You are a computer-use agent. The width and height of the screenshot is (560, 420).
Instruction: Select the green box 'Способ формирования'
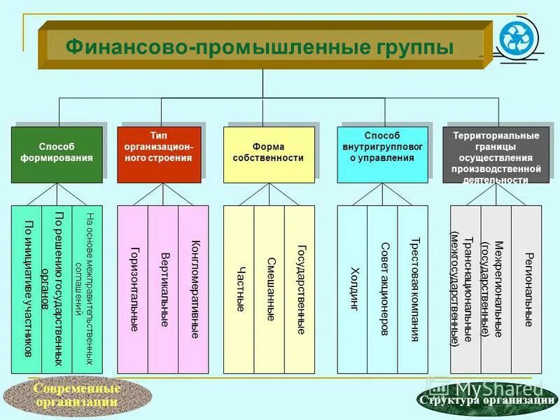57,153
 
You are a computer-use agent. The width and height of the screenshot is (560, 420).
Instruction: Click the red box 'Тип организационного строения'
159,153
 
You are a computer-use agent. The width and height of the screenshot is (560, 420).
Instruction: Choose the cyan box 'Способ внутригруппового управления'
382,153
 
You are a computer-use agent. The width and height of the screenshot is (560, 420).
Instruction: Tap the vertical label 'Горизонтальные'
133,289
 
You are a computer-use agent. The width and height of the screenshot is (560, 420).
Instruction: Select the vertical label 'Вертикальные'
164,289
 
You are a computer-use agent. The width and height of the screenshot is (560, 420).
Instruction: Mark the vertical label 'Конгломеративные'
195,289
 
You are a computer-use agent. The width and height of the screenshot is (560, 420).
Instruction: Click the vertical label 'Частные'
239,289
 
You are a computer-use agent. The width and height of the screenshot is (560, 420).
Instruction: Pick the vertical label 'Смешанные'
269,289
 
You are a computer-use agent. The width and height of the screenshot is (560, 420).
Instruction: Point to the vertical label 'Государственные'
300,289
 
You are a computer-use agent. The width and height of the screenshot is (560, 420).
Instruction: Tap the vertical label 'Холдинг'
353,289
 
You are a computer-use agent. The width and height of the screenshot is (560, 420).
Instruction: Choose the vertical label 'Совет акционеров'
384,289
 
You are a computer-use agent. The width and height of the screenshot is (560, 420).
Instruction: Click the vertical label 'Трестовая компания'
414,289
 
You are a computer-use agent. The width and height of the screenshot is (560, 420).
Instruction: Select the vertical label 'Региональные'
527,289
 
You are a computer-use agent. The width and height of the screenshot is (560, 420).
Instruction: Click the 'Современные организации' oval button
77,396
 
